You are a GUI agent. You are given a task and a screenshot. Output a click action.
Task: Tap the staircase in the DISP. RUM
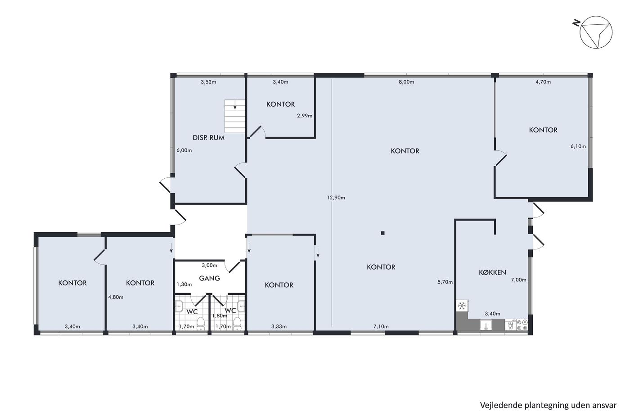pos(235,116)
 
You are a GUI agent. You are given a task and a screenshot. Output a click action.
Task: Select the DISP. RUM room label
pos(208,138)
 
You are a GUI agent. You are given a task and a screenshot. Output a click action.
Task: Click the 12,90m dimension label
pos(336,198)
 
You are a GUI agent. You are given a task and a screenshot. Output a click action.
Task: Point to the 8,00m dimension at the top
pos(406,82)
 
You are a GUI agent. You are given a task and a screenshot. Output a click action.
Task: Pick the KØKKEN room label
pos(492,272)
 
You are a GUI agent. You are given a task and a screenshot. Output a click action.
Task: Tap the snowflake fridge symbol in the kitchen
pos(462,306)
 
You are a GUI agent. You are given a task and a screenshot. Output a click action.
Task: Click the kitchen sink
pos(486,325)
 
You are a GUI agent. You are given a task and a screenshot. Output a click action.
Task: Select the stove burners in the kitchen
pos(522,325)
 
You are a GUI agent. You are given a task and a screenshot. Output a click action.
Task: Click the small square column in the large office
pos(382,233)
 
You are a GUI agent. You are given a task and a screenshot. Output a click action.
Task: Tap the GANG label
pos(210,278)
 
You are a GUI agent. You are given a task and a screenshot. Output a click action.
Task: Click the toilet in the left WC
pos(201,324)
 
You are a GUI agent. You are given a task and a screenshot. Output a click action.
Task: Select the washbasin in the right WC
pos(241,307)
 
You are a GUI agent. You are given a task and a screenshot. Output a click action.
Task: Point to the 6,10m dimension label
pos(578,146)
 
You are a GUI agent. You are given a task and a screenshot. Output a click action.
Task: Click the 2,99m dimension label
pos(305,116)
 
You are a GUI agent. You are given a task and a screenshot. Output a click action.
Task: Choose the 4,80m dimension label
pos(116,297)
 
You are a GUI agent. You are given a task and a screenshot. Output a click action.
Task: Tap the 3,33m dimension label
pos(279,327)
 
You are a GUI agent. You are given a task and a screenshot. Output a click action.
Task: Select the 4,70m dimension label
pos(543,82)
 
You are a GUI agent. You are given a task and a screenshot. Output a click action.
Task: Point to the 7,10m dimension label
pos(381,327)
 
